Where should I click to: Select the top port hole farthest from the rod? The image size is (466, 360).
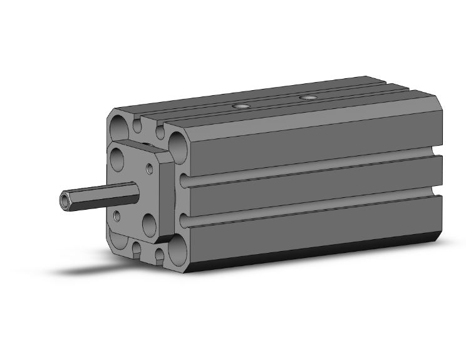click(307, 98)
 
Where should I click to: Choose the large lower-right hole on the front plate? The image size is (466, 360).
click(149, 224)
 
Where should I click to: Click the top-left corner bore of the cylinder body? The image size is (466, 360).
click(119, 127)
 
